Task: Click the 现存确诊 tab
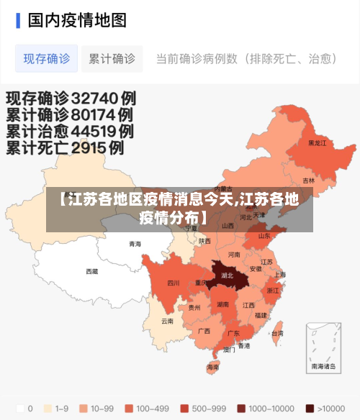[x=46, y=59]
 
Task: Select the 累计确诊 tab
[x=112, y=59]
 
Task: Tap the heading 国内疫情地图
[x=76, y=19]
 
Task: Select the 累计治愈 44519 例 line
[x=70, y=132]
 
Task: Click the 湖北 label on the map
[x=228, y=275]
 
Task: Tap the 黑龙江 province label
[x=317, y=143]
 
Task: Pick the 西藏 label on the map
[x=92, y=271]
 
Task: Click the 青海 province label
[x=135, y=244]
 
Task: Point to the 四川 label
[x=173, y=283]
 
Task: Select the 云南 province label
[x=167, y=321]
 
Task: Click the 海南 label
[x=213, y=367]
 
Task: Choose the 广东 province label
[x=233, y=333]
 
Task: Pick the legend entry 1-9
[x=57, y=408]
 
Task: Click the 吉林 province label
[x=308, y=180]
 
